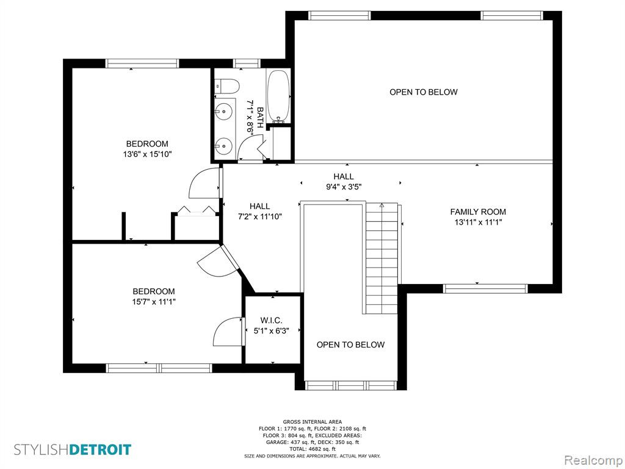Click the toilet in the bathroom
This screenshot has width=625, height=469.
tap(226, 85)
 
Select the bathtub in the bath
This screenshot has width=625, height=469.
tap(278, 96)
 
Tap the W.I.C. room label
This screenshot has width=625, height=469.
tap(272, 320)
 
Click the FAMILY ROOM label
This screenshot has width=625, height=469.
tap(478, 212)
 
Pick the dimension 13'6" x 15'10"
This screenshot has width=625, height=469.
tap(147, 154)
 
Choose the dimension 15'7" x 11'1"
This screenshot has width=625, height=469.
tap(153, 302)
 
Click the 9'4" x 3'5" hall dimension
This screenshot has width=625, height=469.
tap(344, 187)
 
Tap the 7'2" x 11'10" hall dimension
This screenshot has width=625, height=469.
tap(259, 217)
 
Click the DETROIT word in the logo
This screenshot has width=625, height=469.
tap(100, 449)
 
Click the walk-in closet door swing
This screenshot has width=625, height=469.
tap(229, 332)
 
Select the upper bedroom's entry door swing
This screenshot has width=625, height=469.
tap(204, 183)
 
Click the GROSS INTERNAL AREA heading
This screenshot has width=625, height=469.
tap(312, 421)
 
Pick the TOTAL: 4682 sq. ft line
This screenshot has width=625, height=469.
tap(312, 449)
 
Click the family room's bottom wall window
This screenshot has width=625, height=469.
tap(485, 288)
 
